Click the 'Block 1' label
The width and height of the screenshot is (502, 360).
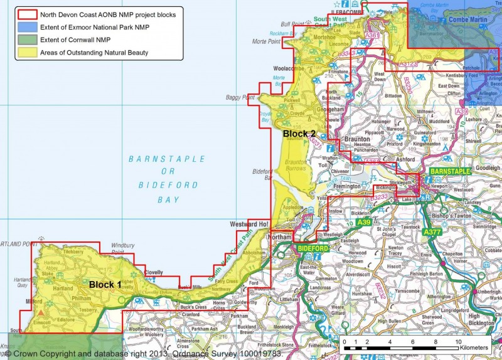pos(105,285)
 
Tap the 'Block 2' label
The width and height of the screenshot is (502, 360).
pos(299,134)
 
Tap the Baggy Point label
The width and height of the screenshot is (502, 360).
pos(240,98)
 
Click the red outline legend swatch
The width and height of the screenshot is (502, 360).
pos(26,14)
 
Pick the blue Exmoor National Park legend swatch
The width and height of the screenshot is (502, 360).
pos(26,27)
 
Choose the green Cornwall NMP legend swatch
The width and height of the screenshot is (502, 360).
pos(26,40)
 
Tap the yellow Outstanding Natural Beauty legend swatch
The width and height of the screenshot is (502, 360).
pos(26,53)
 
